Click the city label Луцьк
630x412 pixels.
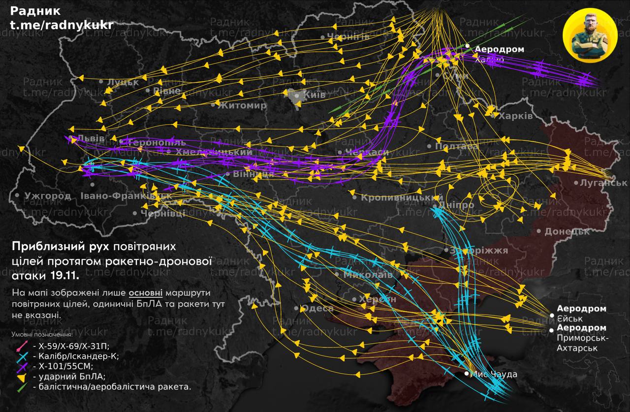pyautogui.click(x=123, y=82)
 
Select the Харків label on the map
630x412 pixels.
pyautogui.click(x=515, y=116)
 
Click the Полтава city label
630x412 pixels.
pyautogui.click(x=456, y=147)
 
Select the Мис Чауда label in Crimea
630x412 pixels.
pyautogui.click(x=494, y=375)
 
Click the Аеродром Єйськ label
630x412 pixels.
pyautogui.click(x=581, y=314)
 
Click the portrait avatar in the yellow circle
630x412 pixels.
pyautogui.click(x=590, y=35)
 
